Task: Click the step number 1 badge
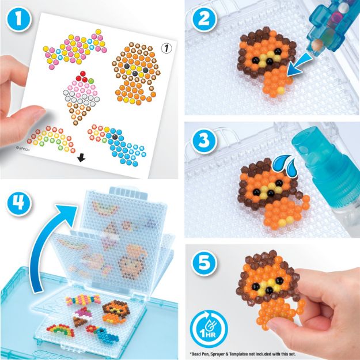[20, 18]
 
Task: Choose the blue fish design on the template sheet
[119, 141]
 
